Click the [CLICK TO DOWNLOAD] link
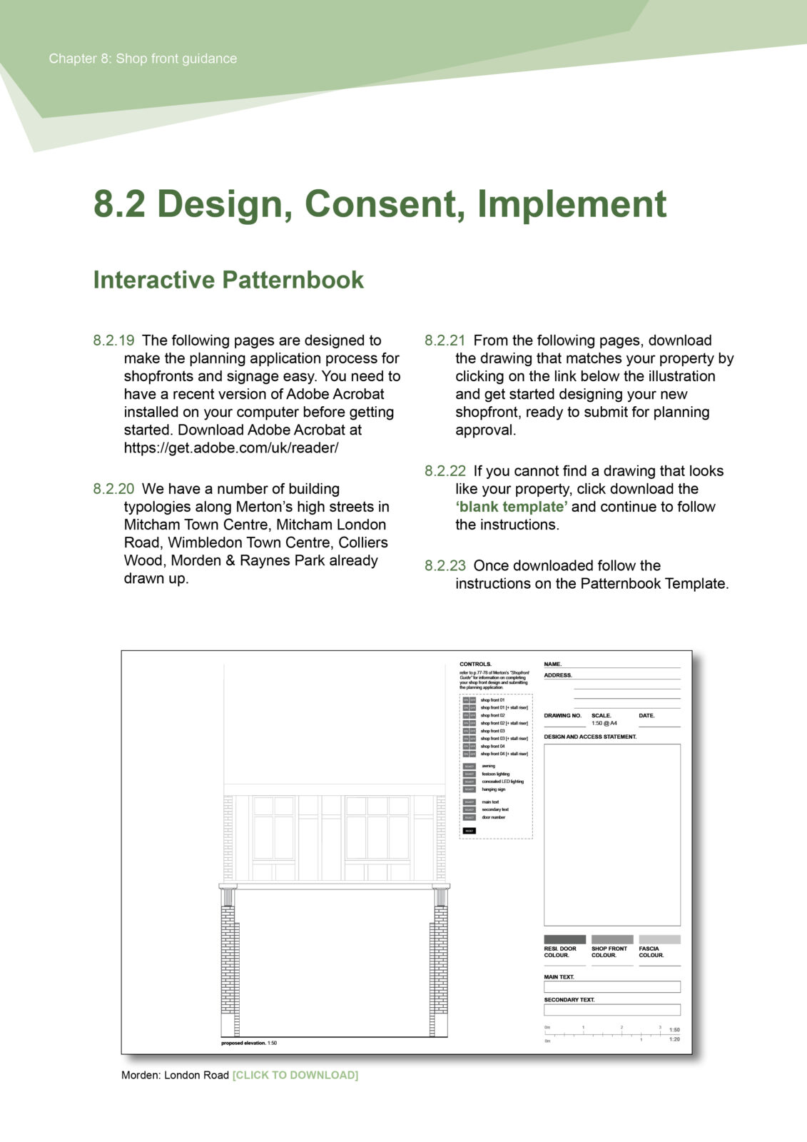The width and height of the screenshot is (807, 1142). pyautogui.click(x=295, y=1075)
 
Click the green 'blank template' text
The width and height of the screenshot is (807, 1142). pyautogui.click(x=512, y=507)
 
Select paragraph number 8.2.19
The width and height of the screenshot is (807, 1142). pyautogui.click(x=113, y=340)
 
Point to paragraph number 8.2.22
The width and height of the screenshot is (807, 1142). pyautogui.click(x=445, y=471)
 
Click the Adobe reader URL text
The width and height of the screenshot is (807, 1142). pyautogui.click(x=231, y=448)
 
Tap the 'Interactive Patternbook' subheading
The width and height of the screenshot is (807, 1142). pyautogui.click(x=228, y=280)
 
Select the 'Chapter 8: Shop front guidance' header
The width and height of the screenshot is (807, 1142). pyautogui.click(x=143, y=59)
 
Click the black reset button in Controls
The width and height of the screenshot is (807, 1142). pyautogui.click(x=469, y=831)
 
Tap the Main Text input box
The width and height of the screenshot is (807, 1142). pyautogui.click(x=611, y=986)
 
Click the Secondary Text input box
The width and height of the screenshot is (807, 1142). pyautogui.click(x=611, y=1010)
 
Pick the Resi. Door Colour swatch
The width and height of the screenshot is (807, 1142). pyautogui.click(x=564, y=939)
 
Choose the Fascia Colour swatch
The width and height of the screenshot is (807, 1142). pyautogui.click(x=659, y=939)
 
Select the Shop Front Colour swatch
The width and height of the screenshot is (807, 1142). pyautogui.click(x=611, y=939)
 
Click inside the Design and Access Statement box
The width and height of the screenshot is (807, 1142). pyautogui.click(x=611, y=834)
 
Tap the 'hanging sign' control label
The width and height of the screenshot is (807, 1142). pyautogui.click(x=494, y=789)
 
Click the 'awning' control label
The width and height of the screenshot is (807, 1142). pyautogui.click(x=488, y=766)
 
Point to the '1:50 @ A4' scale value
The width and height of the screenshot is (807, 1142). pyautogui.click(x=604, y=723)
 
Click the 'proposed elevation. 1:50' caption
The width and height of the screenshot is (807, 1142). pyautogui.click(x=249, y=1043)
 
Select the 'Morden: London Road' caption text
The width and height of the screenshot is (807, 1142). pyautogui.click(x=175, y=1075)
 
